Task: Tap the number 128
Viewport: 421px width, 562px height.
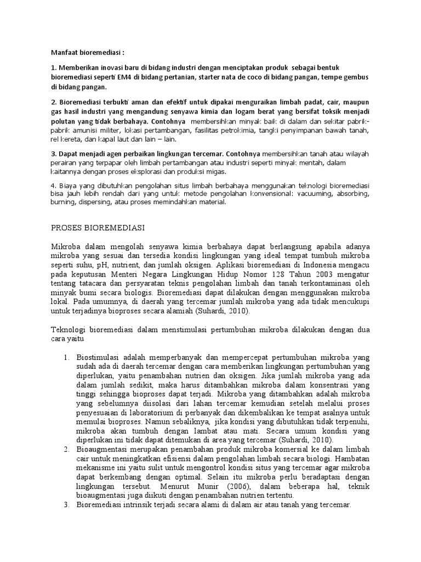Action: point(276,274)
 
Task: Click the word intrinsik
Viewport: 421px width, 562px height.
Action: point(139,505)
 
